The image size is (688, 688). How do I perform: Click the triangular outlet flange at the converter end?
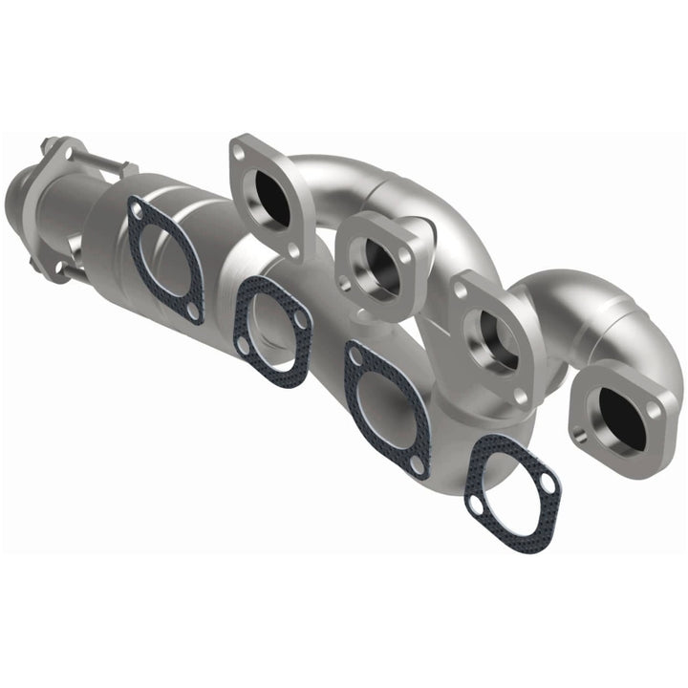pos(59,158)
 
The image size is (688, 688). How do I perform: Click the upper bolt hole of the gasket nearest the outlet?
pos(138,209)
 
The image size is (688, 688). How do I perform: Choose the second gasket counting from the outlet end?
pos(273,331)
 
